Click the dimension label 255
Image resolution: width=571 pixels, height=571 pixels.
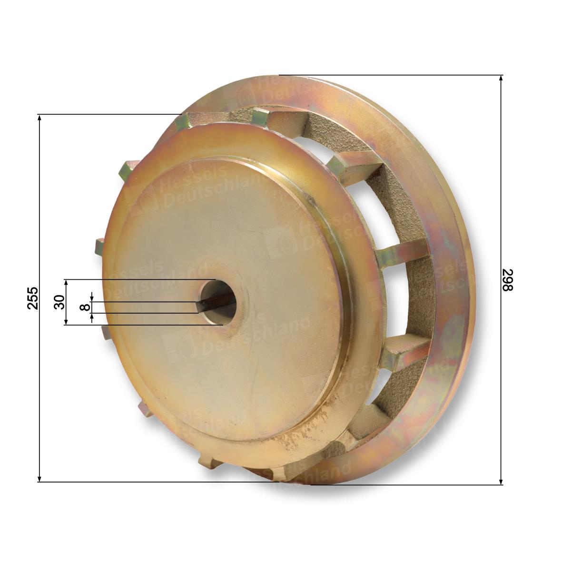point(33,298)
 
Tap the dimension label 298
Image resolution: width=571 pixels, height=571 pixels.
point(508,280)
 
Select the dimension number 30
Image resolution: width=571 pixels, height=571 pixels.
point(59,302)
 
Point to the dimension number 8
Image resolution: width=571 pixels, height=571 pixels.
point(85,307)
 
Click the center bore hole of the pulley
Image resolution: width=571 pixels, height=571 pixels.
point(218,302)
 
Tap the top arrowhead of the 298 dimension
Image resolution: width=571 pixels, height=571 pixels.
point(501,79)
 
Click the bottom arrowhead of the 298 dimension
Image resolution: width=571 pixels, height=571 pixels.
point(501,481)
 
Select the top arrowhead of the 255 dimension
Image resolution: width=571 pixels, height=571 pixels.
point(39,118)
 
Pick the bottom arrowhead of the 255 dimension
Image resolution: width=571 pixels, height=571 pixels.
point(39,478)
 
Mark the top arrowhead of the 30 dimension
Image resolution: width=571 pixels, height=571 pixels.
point(66,283)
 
